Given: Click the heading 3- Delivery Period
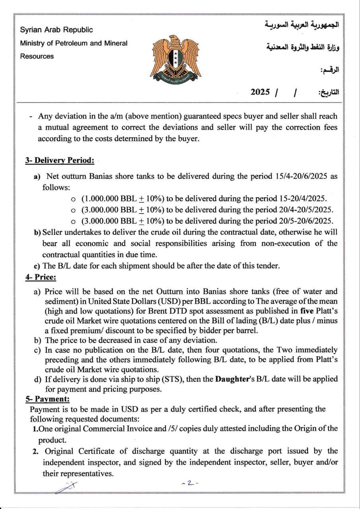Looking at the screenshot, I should pos(60,161).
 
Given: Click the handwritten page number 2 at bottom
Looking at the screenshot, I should pos(191,483).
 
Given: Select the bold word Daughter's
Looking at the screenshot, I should pos(235,379).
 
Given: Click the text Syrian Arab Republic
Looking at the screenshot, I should pos(56,30).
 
